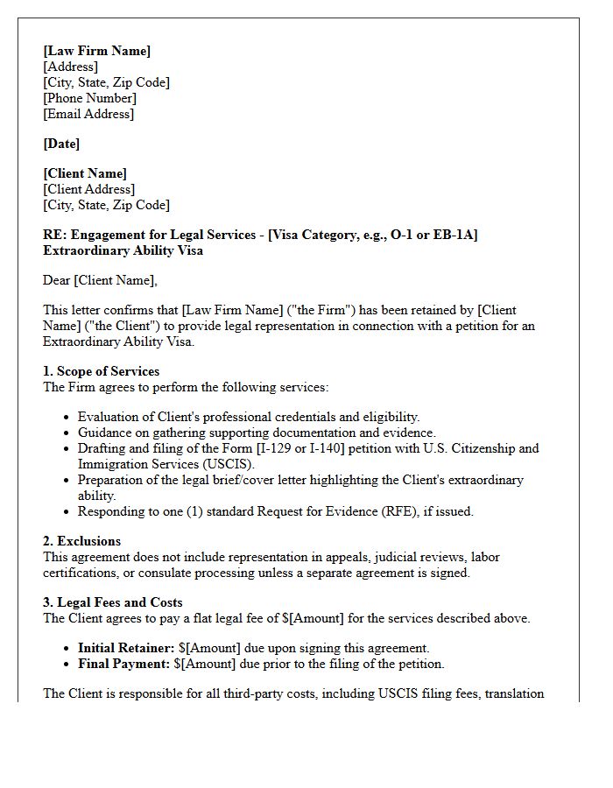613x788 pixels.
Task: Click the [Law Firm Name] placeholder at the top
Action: coord(97,51)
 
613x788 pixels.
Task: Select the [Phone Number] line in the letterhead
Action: coord(89,98)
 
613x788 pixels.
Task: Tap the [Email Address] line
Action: coord(88,114)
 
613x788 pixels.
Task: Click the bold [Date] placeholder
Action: coord(61,144)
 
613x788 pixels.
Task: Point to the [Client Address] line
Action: coord(88,189)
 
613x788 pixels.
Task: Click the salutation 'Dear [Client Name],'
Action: coord(100,280)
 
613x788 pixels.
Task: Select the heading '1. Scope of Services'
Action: coord(102,371)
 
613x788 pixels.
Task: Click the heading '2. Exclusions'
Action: coord(82,541)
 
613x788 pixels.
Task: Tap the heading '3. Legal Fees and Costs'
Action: coord(113,602)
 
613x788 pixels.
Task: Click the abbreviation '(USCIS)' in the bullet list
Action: coord(229,464)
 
